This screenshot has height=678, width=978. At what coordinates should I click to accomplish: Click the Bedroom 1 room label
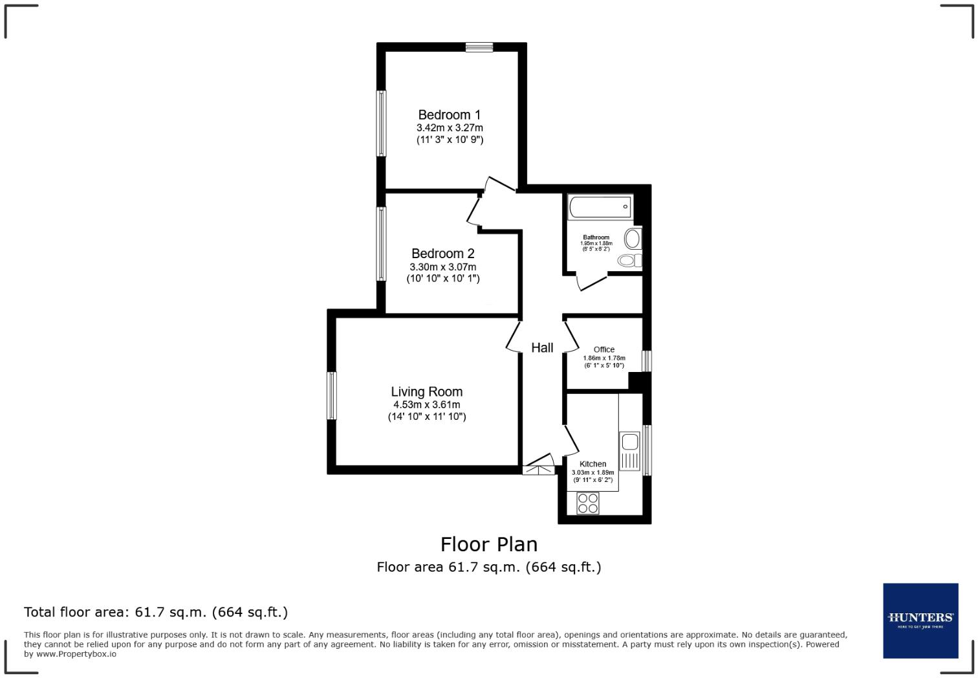click(449, 115)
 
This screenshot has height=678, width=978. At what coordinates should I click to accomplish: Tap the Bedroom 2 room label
click(442, 254)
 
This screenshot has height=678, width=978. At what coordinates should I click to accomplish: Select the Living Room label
click(426, 391)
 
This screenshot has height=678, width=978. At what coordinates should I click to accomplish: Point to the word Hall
click(542, 347)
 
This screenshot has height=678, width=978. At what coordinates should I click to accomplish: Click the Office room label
click(603, 349)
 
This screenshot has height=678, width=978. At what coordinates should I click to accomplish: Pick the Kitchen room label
click(592, 464)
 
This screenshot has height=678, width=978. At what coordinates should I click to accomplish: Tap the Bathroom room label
click(596, 237)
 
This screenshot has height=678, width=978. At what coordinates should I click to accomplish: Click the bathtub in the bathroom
click(600, 208)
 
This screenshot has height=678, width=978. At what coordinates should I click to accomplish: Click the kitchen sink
click(629, 443)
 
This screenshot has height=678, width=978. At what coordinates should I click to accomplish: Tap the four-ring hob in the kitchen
click(587, 503)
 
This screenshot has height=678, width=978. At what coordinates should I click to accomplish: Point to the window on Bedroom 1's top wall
click(479, 47)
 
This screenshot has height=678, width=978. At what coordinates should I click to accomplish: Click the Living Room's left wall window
click(331, 395)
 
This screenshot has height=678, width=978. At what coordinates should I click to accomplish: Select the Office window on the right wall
click(646, 361)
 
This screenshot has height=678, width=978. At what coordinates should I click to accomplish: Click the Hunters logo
click(920, 620)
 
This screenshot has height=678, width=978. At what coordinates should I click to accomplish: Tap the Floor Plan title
click(489, 544)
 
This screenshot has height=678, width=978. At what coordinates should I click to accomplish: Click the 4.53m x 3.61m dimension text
click(426, 405)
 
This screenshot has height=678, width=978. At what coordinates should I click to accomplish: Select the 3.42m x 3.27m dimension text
click(450, 128)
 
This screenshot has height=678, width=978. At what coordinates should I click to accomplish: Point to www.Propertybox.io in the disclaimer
click(76, 654)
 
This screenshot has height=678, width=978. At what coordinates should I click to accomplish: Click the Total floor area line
click(156, 612)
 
